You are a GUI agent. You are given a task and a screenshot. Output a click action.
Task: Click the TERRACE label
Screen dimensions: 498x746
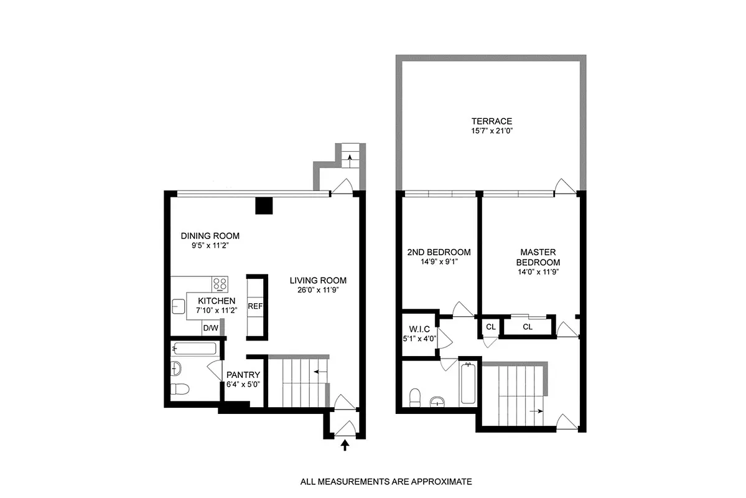[491, 121]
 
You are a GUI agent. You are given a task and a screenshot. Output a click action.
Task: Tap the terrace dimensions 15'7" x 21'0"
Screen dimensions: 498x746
[491, 131]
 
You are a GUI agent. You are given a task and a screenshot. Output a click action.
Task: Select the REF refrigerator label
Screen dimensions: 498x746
[254, 306]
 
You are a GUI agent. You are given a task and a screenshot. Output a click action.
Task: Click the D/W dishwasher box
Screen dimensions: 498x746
[210, 328]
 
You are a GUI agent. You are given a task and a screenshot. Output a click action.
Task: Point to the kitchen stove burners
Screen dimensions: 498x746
[220, 284]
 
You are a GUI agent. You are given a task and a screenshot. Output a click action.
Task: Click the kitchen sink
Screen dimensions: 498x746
[179, 306]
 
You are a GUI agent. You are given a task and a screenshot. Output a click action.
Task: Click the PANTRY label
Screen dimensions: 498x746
[243, 375]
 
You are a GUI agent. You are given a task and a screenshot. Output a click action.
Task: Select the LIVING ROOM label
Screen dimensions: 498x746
[318, 280]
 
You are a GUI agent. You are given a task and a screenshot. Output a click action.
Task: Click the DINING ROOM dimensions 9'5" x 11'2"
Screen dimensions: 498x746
[210, 246]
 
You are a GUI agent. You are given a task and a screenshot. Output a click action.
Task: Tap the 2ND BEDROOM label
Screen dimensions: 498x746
[438, 252]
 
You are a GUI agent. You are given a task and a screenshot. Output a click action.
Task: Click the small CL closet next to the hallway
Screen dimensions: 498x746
[490, 327]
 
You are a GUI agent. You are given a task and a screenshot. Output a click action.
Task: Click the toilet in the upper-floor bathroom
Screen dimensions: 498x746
[415, 395]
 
